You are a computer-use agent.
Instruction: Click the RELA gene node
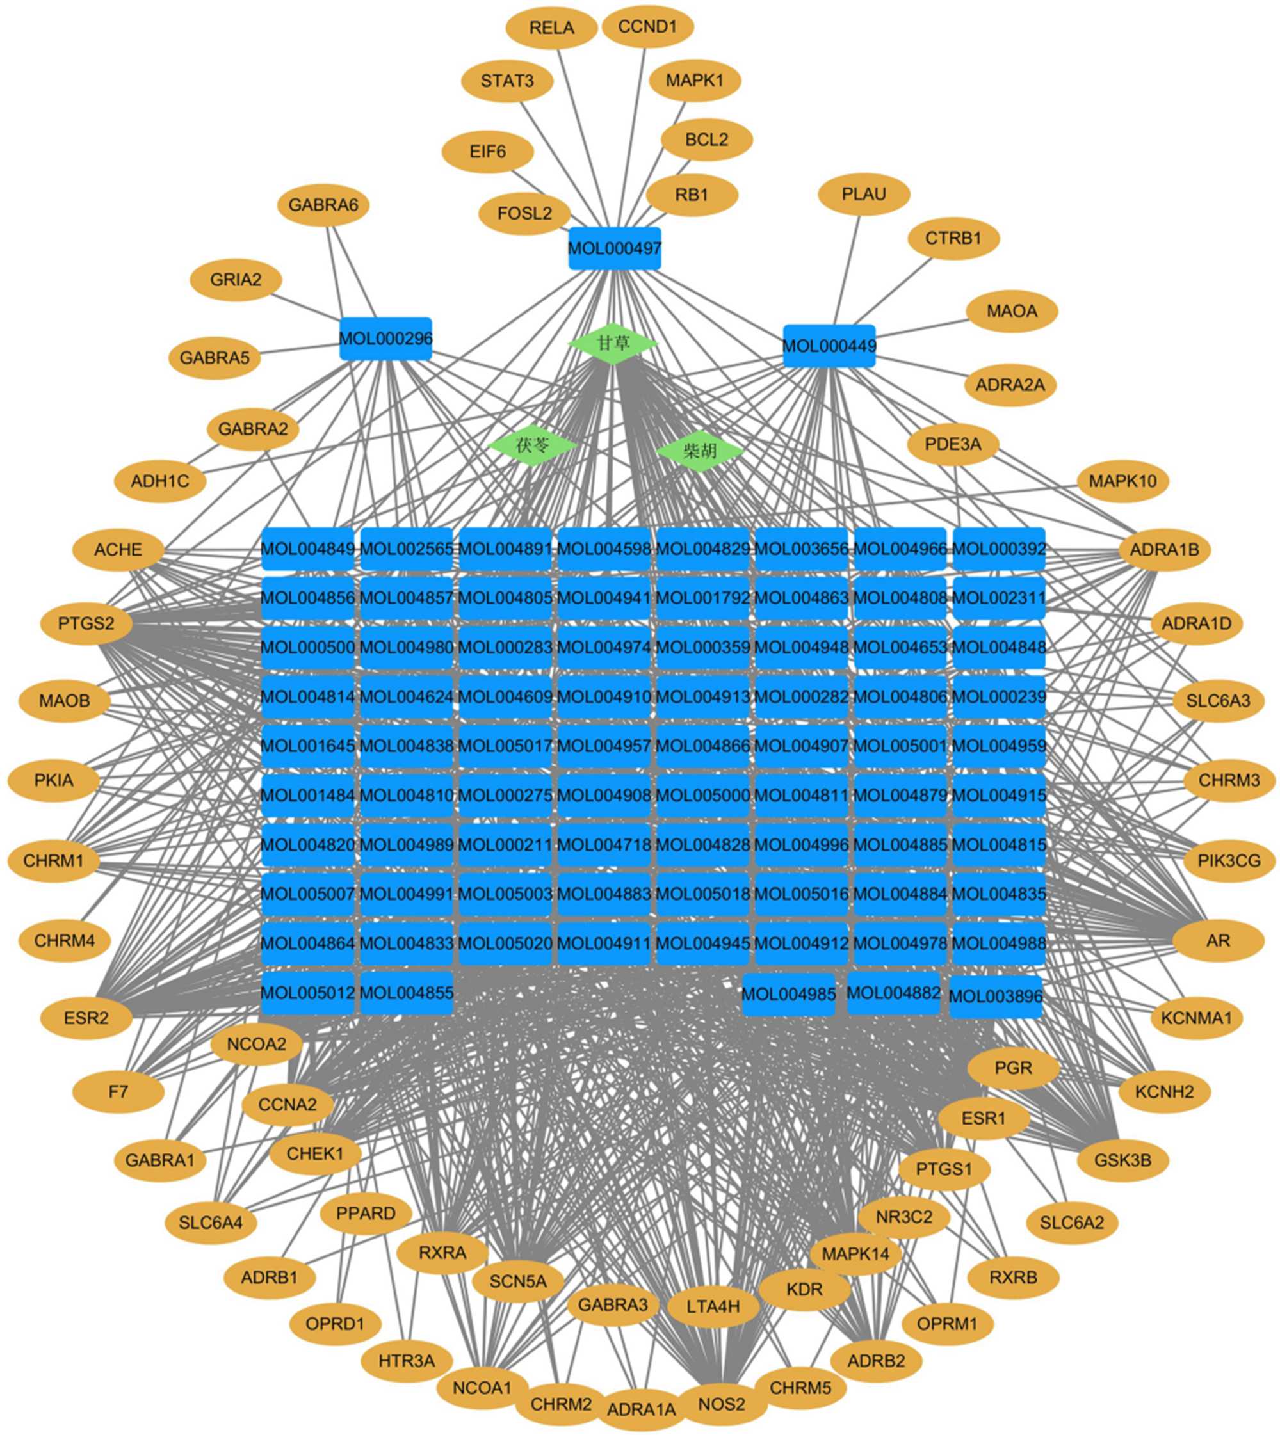tap(551, 28)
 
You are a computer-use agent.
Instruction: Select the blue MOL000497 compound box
tap(614, 248)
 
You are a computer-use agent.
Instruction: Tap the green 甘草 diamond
tap(613, 344)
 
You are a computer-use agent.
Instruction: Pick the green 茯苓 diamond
tap(532, 445)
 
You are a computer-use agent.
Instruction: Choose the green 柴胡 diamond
tap(700, 450)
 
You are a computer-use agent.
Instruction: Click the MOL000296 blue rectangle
tap(385, 339)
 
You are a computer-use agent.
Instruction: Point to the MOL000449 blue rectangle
tap(829, 346)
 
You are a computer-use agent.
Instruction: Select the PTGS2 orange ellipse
tap(86, 623)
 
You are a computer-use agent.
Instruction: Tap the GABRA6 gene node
tap(323, 205)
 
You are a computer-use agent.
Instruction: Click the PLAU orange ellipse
tap(864, 194)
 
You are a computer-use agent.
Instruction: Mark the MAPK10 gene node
tap(1122, 481)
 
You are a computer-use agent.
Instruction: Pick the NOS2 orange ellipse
tap(721, 1405)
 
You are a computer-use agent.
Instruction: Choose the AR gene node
tap(1218, 941)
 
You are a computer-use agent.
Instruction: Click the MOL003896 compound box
tap(995, 997)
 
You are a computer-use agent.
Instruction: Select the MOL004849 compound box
tap(307, 549)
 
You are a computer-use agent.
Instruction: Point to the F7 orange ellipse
tap(118, 1092)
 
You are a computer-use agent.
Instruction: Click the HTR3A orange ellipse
tap(407, 1361)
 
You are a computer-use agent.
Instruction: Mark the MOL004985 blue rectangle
tap(788, 994)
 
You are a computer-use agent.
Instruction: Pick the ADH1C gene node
tap(159, 481)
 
